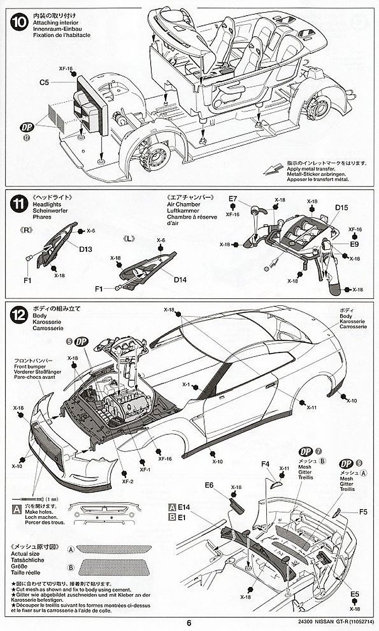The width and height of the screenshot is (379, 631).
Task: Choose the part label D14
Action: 180,279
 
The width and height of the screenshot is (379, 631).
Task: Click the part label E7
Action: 232,199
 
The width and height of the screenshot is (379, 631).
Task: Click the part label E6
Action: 210,485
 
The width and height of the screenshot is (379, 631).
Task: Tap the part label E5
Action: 355,594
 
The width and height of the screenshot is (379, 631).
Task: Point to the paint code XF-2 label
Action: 128,482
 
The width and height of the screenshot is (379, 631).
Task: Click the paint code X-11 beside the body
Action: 311,407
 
